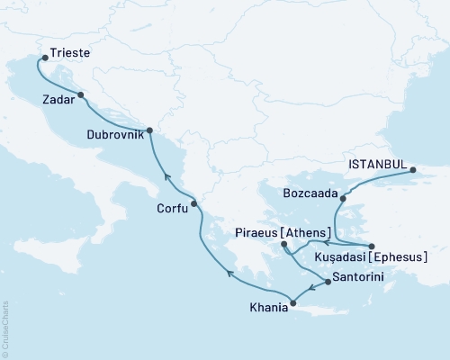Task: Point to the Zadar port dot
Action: [x=81, y=94]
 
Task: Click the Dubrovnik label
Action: [x=115, y=135]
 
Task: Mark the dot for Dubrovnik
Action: [x=149, y=130]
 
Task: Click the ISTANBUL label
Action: [x=377, y=165]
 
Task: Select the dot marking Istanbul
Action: [x=412, y=169]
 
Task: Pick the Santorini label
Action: [x=358, y=276]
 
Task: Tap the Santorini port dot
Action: [x=327, y=282]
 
